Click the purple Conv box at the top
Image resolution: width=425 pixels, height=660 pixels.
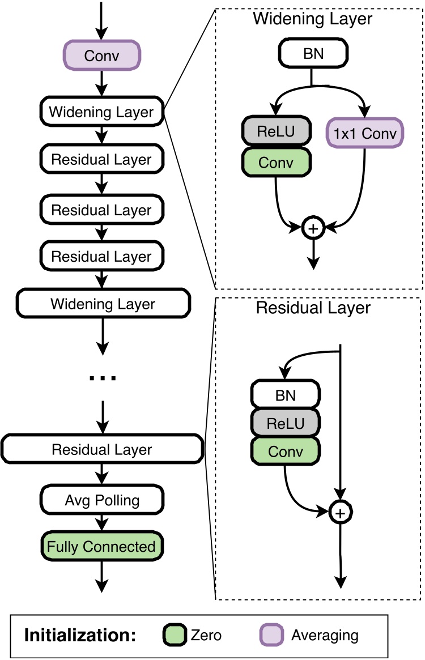click(x=101, y=56)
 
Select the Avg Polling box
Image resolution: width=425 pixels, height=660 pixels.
click(x=101, y=500)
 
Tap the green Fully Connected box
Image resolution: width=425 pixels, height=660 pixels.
click(x=101, y=547)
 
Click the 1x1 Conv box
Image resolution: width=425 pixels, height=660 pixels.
click(x=365, y=133)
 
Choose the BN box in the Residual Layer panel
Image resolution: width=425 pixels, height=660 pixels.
click(x=286, y=395)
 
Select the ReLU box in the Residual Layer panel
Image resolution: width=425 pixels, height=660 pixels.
click(x=286, y=423)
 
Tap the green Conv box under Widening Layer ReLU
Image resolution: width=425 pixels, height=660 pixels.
click(x=276, y=162)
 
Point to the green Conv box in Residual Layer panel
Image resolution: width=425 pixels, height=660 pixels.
click(x=286, y=452)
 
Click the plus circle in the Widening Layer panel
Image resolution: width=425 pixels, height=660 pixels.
click(x=313, y=228)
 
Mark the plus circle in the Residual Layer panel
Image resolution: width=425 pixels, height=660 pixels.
click(x=339, y=513)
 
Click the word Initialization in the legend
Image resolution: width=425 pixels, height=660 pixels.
click(x=80, y=635)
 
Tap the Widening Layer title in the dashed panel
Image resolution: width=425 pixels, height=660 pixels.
click(x=312, y=19)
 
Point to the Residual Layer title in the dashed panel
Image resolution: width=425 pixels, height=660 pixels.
click(x=313, y=308)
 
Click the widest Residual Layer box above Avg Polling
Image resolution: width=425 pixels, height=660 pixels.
click(x=102, y=450)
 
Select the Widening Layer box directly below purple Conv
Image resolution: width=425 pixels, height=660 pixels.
click(x=101, y=112)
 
